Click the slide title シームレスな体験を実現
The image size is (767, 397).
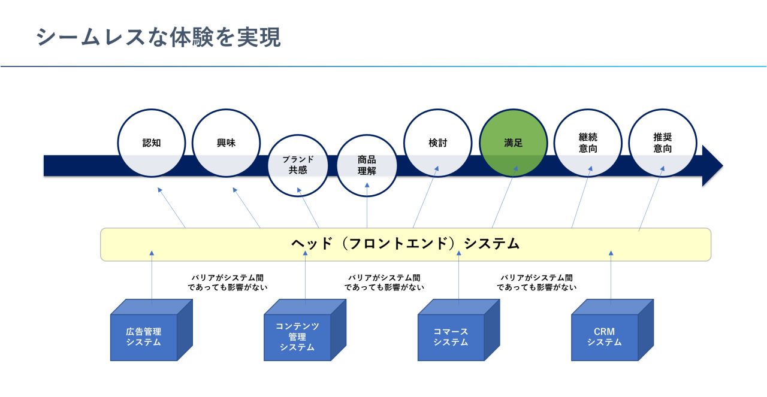pyautogui.click(x=158, y=38)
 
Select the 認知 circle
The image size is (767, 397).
pyautogui.click(x=152, y=143)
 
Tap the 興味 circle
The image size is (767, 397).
pyautogui.click(x=226, y=143)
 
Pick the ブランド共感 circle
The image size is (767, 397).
pyautogui.click(x=298, y=165)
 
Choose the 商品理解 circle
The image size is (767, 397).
pyautogui.click(x=367, y=165)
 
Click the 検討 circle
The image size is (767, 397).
pyautogui.click(x=437, y=143)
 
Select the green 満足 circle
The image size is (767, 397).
pyautogui.click(x=514, y=143)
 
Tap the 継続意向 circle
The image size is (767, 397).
pyautogui.click(x=588, y=143)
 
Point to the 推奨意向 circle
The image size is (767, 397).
pyautogui.click(x=663, y=143)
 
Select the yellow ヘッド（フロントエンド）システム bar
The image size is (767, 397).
pyautogui.click(x=405, y=244)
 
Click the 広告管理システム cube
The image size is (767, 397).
pyautogui.click(x=144, y=337)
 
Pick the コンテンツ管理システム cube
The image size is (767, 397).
pyautogui.click(x=298, y=337)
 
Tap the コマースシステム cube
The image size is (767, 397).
pyautogui.click(x=451, y=337)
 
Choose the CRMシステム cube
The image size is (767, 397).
pyautogui.click(x=605, y=337)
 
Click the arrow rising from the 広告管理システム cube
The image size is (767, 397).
pyautogui.click(x=152, y=275)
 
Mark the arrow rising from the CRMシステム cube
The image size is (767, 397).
pyautogui.click(x=611, y=275)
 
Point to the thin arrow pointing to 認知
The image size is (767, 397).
pyautogui.click(x=171, y=208)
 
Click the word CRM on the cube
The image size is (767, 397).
pyautogui.click(x=604, y=332)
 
